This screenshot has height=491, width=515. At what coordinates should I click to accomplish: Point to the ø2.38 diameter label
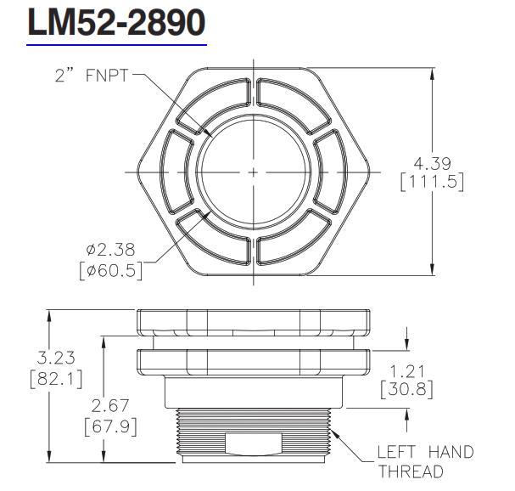pyautogui.click(x=112, y=251)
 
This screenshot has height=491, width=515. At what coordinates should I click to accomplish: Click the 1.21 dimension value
pyautogui.click(x=406, y=371)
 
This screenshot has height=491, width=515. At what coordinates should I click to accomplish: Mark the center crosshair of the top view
pyautogui.click(x=254, y=172)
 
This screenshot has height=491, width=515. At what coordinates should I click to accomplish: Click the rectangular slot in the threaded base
pyautogui.click(x=253, y=443)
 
